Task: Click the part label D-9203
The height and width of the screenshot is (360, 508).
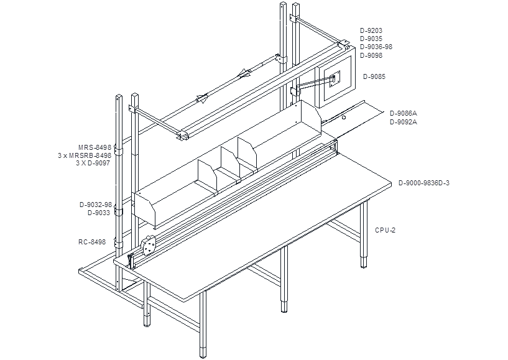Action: [371, 31]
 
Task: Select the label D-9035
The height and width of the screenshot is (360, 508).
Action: [371, 39]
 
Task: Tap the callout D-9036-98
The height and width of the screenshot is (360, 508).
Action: [376, 47]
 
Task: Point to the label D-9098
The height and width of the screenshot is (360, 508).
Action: [371, 55]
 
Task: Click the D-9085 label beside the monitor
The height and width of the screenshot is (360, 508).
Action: [374, 77]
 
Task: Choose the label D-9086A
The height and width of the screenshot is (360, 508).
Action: [404, 113]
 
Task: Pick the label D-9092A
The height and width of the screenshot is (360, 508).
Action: [404, 122]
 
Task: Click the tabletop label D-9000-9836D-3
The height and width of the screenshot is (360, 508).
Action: [424, 183]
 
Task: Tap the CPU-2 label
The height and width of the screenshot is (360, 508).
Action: [386, 231]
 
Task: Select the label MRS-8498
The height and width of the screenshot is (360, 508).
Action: [95, 148]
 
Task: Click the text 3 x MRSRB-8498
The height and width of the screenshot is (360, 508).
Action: [85, 155]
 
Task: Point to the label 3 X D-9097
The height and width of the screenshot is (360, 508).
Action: [93, 163]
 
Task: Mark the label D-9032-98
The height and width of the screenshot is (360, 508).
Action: [96, 205]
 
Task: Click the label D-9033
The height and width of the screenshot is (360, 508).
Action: [99, 213]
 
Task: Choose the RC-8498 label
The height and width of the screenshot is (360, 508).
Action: [92, 242]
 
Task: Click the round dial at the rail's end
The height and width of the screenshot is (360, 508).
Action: [149, 245]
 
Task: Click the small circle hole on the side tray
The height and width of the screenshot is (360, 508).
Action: [344, 118]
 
